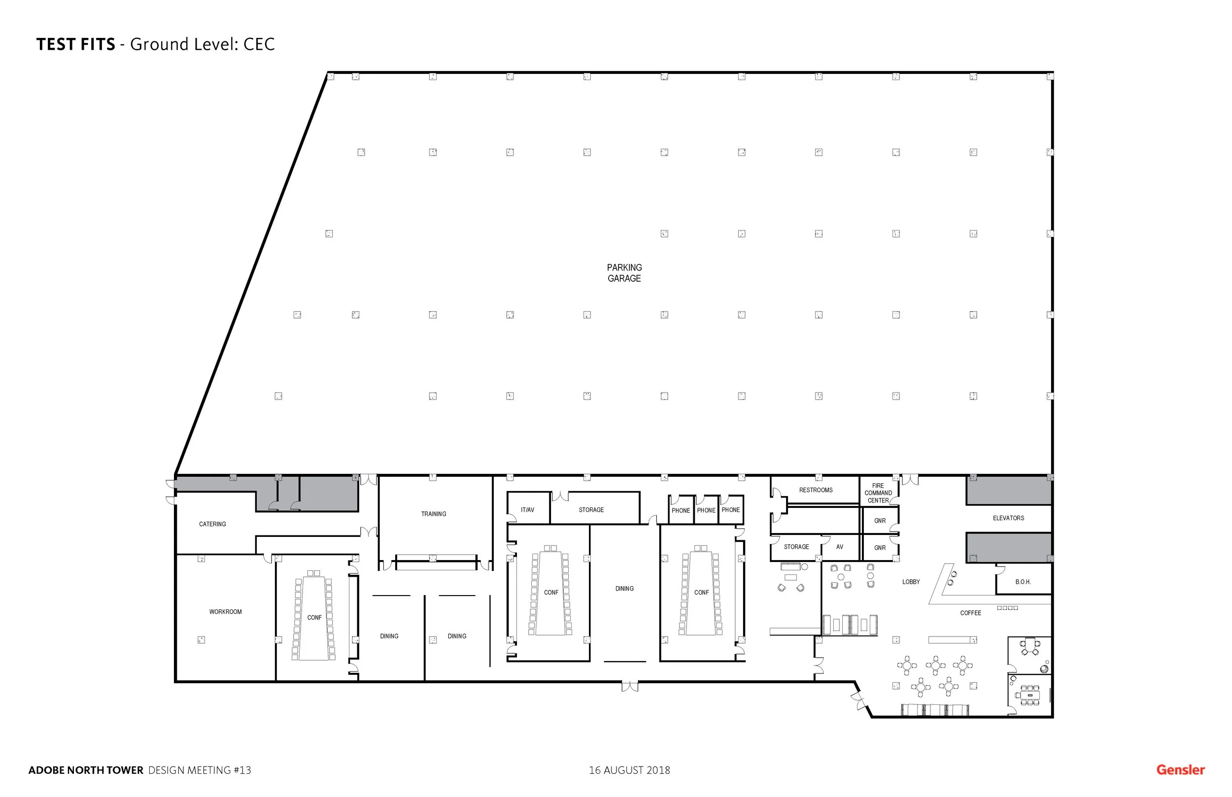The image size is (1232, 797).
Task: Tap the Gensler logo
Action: (1180, 769)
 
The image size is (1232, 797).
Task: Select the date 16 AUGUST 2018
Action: (629, 770)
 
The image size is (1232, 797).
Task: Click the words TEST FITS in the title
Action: (75, 44)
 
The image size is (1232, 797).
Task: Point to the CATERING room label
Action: (212, 524)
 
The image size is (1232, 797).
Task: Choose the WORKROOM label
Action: (225, 612)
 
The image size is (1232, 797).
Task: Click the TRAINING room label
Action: (433, 514)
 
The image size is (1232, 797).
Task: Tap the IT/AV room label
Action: (527, 510)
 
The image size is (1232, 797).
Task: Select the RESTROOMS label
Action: (815, 490)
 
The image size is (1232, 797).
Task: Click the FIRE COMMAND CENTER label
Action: (878, 493)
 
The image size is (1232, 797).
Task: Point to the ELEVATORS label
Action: (1008, 518)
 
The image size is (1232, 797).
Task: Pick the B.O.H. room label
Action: (1023, 582)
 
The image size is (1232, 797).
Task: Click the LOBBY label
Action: (911, 582)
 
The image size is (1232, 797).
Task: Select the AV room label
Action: (839, 547)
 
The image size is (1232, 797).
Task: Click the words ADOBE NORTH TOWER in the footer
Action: (85, 770)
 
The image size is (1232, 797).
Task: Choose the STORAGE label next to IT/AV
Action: (591, 510)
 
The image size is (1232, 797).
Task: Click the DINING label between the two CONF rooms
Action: (624, 589)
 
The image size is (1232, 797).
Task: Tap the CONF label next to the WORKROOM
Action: (314, 617)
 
